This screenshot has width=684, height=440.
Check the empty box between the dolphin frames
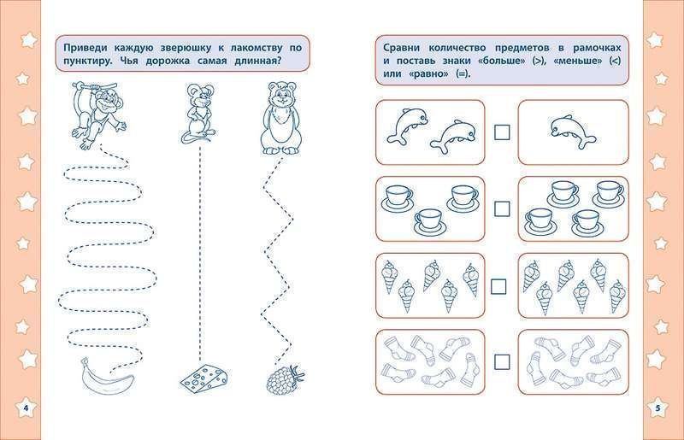[503, 132]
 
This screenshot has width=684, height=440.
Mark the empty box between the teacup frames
[503, 208]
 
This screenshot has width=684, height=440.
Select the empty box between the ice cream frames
[503, 283]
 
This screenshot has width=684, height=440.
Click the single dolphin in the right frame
[567, 128]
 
